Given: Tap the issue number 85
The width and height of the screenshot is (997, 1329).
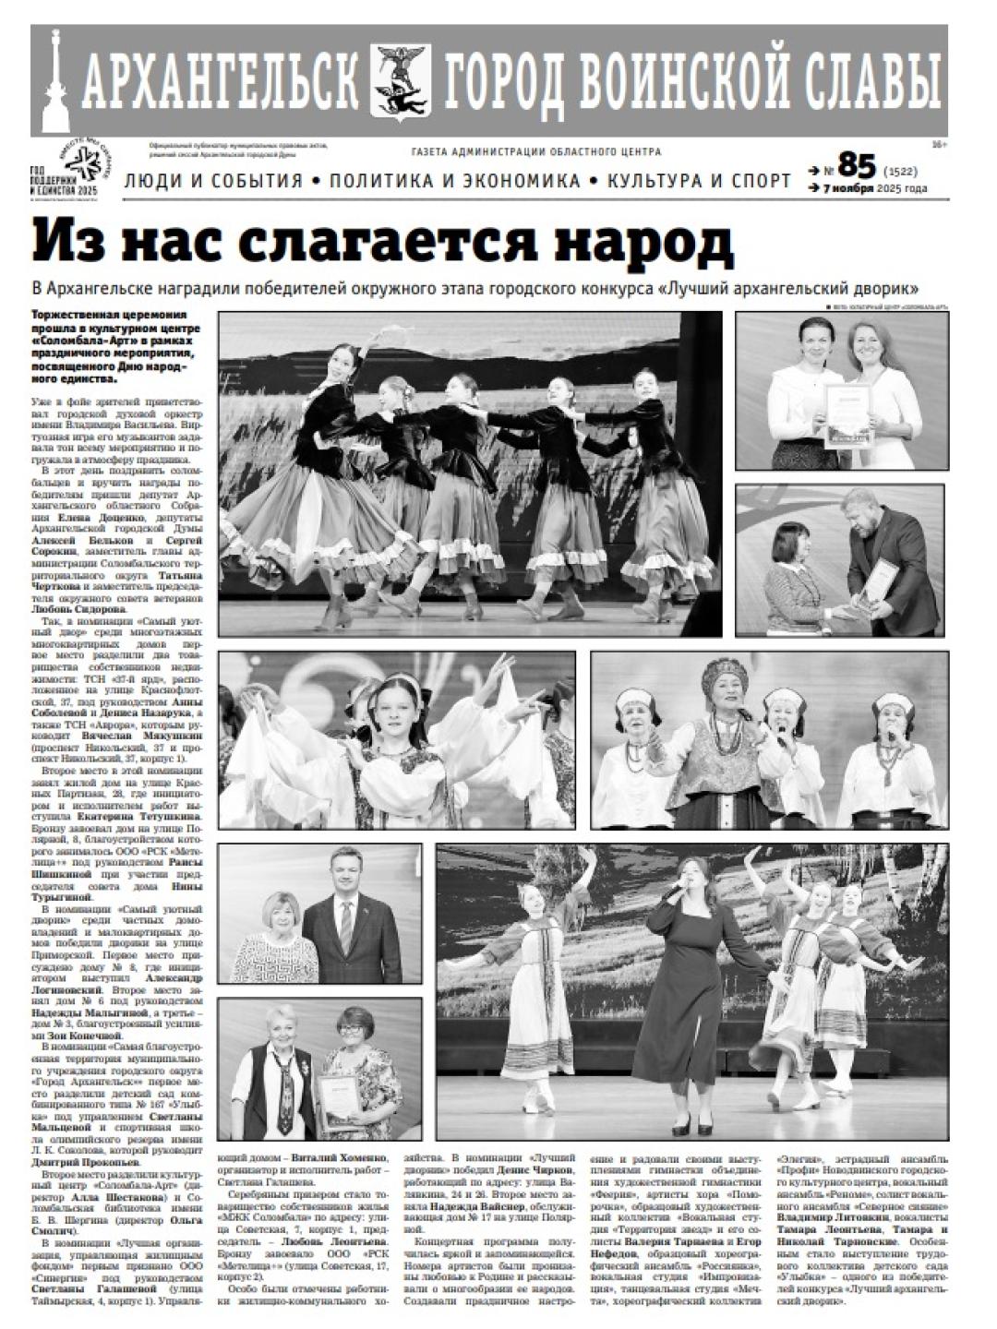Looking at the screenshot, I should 855,167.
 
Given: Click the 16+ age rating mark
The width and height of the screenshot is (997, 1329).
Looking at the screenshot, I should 940,145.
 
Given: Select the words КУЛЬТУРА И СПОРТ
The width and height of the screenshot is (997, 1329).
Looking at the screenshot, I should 699,181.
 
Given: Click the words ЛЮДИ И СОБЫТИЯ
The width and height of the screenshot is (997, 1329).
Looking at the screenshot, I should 213,181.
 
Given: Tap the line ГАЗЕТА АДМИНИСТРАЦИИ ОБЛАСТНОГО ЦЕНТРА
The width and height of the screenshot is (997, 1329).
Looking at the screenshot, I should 535,152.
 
